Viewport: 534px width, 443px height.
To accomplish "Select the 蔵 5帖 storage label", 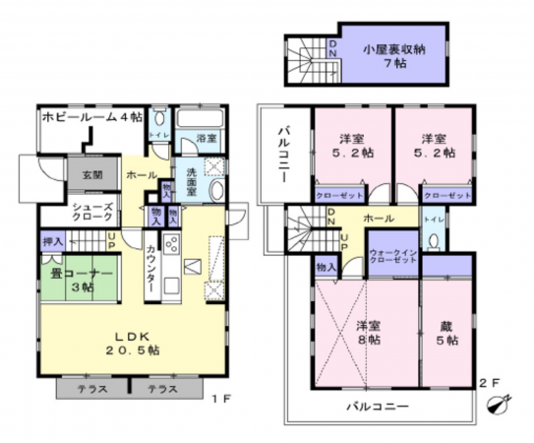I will click(447, 333).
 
